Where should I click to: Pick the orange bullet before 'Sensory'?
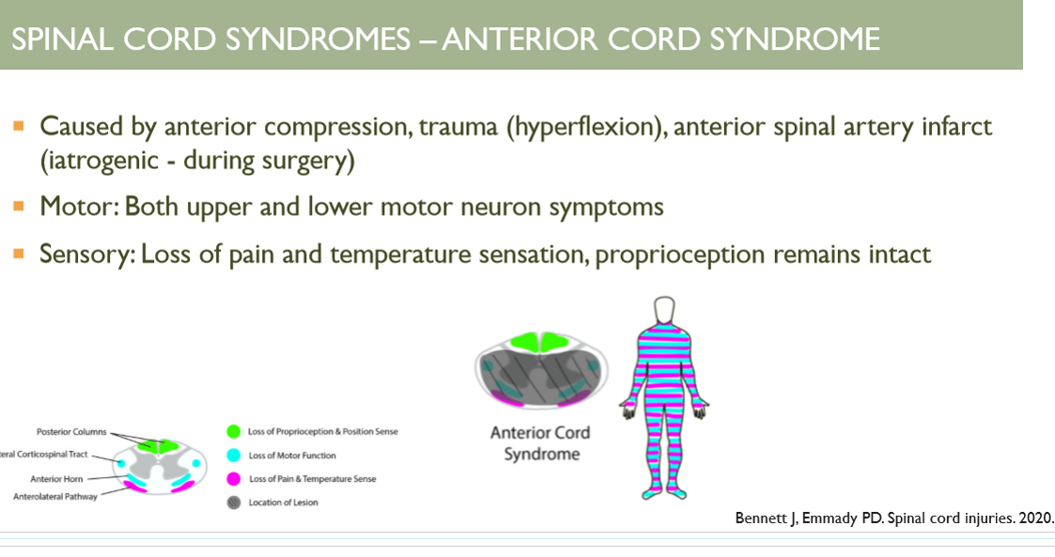[20, 254]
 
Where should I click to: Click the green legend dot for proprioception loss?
[233, 432]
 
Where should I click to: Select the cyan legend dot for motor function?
[233, 456]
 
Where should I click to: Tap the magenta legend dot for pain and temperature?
[233, 479]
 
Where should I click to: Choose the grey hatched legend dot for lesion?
[233, 503]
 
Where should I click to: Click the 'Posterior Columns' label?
[71, 432]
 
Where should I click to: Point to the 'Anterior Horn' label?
[55, 479]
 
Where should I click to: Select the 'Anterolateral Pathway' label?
[54, 496]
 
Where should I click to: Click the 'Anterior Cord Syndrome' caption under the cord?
[540, 442]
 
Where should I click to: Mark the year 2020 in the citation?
[1037, 518]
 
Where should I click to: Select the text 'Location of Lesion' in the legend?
[283, 503]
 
